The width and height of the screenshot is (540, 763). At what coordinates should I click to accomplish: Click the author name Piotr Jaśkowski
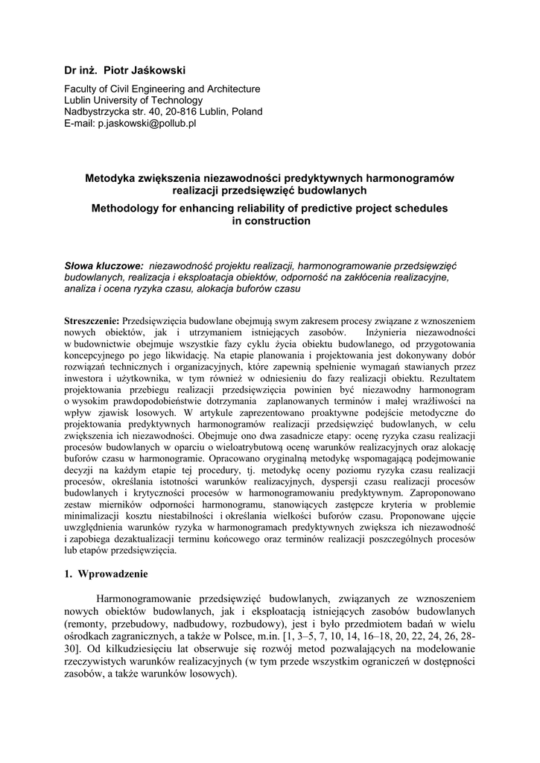click(144, 69)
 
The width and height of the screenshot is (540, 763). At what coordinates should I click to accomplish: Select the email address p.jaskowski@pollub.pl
click(146, 124)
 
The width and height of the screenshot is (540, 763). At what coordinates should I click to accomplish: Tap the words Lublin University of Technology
click(133, 100)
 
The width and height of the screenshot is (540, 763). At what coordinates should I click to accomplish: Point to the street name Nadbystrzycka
click(98, 112)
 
